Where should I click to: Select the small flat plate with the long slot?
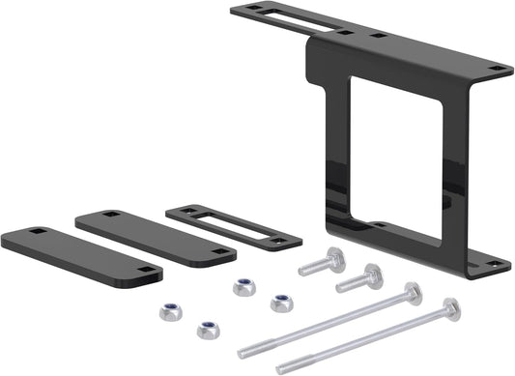(233, 226)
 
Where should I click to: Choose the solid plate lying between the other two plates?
(155, 237)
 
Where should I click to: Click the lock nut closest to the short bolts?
(281, 303)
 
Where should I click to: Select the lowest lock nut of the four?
(208, 329)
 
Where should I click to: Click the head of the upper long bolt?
(414, 291)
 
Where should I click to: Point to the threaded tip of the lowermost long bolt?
(283, 367)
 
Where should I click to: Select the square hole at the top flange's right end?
(498, 69)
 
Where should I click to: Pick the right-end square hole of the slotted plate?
(283, 241)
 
